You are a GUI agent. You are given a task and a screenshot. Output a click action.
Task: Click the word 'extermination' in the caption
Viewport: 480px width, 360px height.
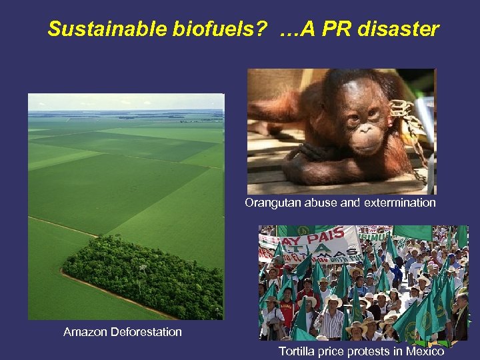click(x=399, y=203)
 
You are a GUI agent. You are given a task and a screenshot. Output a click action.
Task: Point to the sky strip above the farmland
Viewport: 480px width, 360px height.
click(x=126, y=101)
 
